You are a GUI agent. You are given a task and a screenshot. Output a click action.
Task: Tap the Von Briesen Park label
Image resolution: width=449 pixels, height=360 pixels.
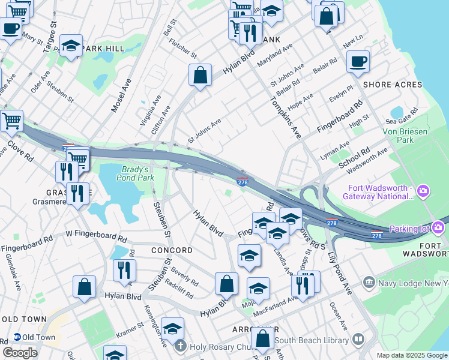(398, 136)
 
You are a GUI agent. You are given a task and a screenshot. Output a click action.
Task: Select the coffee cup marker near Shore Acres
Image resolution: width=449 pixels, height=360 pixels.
(358, 61)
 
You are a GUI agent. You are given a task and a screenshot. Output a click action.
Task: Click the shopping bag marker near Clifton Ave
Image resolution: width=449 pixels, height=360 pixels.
(200, 76)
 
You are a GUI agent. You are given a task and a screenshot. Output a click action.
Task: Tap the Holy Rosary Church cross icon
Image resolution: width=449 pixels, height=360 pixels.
(180, 346)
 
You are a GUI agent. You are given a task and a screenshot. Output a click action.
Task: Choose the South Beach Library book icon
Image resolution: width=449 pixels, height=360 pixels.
(358, 340)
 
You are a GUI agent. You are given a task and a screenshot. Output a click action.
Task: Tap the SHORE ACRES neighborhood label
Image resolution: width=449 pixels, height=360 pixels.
(393, 85)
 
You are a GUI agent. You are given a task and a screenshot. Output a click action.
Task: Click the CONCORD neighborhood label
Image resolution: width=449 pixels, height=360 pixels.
(172, 250)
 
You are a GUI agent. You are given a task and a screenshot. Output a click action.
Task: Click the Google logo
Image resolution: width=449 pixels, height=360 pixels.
(20, 352)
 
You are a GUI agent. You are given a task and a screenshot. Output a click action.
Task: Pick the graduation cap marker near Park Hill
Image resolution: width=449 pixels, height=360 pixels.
(70, 47)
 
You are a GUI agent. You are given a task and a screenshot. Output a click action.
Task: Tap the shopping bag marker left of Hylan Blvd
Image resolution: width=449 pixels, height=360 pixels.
(84, 286)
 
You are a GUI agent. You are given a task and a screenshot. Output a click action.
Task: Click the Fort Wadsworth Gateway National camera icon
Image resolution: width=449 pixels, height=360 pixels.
(423, 192)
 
